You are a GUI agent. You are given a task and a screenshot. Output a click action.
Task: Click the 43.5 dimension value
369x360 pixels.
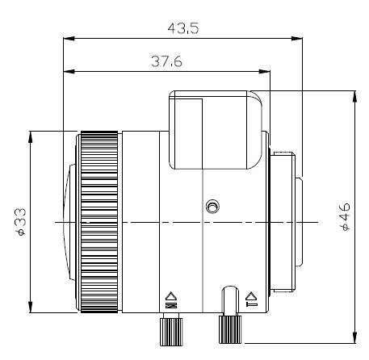pos(183,28)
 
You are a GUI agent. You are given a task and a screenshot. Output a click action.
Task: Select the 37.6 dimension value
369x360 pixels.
pos(166,61)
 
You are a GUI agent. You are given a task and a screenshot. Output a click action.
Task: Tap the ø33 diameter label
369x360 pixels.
pos(20,222)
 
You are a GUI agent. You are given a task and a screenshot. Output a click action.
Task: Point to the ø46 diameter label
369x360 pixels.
pos(345,216)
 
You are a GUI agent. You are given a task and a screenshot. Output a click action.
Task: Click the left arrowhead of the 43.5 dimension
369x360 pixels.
pos(69,39)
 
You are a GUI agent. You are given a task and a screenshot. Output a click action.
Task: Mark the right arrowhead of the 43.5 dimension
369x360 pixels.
pos(296,39)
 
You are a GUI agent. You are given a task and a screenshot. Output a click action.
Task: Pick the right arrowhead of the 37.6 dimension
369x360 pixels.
pos(264,72)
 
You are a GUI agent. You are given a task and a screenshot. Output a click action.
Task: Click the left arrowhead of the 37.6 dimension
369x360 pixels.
pos(69,72)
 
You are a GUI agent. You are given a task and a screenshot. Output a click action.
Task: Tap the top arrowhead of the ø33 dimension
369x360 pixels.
pos(31,136)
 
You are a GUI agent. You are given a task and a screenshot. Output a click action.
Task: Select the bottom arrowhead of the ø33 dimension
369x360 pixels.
pos(31,307)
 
